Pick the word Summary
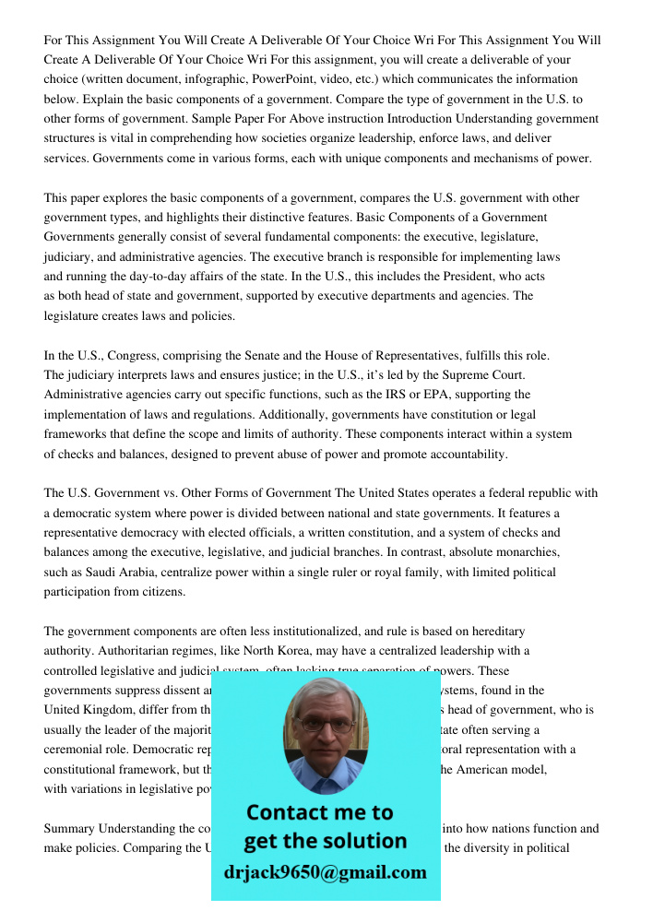point(70,828)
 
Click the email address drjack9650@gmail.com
point(326,872)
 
